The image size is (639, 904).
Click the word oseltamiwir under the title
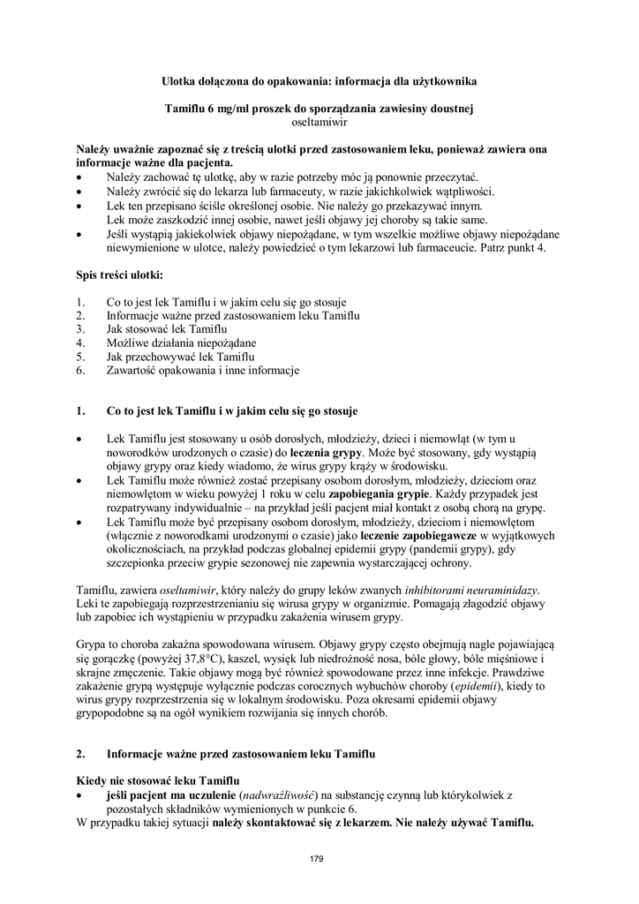point(319,124)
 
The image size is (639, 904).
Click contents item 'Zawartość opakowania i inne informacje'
point(203,371)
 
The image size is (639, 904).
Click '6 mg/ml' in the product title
point(232,109)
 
